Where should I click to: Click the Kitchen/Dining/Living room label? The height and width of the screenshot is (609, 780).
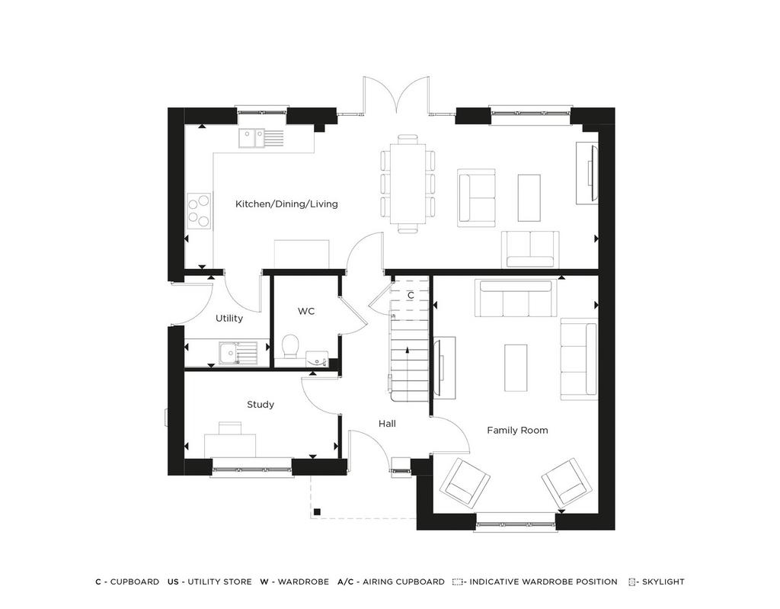pyautogui.click(x=286, y=204)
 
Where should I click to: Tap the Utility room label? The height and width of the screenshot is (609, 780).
pyautogui.click(x=229, y=318)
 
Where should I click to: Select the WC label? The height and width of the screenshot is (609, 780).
pyautogui.click(x=306, y=311)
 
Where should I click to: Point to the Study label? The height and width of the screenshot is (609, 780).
pyautogui.click(x=261, y=404)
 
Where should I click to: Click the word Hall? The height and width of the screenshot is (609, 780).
pyautogui.click(x=387, y=423)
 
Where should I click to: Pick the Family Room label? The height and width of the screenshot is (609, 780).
pyautogui.click(x=517, y=430)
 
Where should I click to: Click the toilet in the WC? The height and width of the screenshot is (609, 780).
pyautogui.click(x=289, y=347)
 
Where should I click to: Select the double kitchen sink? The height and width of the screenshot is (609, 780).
pyautogui.click(x=251, y=138)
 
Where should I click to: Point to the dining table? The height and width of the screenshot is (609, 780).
pyautogui.click(x=408, y=184)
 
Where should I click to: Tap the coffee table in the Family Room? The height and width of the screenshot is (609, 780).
pyautogui.click(x=516, y=368)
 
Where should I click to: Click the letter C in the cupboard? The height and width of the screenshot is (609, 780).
pyautogui.click(x=411, y=296)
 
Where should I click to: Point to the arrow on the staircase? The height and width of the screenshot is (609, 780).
pyautogui.click(x=408, y=350)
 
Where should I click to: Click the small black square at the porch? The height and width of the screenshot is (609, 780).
pyautogui.click(x=316, y=511)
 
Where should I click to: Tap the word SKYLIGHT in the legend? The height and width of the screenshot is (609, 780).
pyautogui.click(x=663, y=582)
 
